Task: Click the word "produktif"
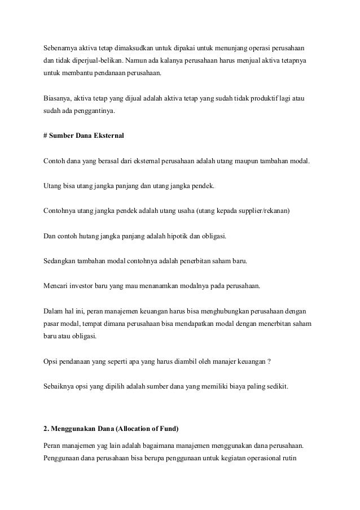pyautogui.click(x=257, y=98)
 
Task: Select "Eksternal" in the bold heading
pyautogui.click(x=115, y=136)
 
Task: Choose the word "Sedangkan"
pyautogui.click(x=61, y=261)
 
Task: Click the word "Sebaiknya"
pyautogui.click(x=60, y=387)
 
